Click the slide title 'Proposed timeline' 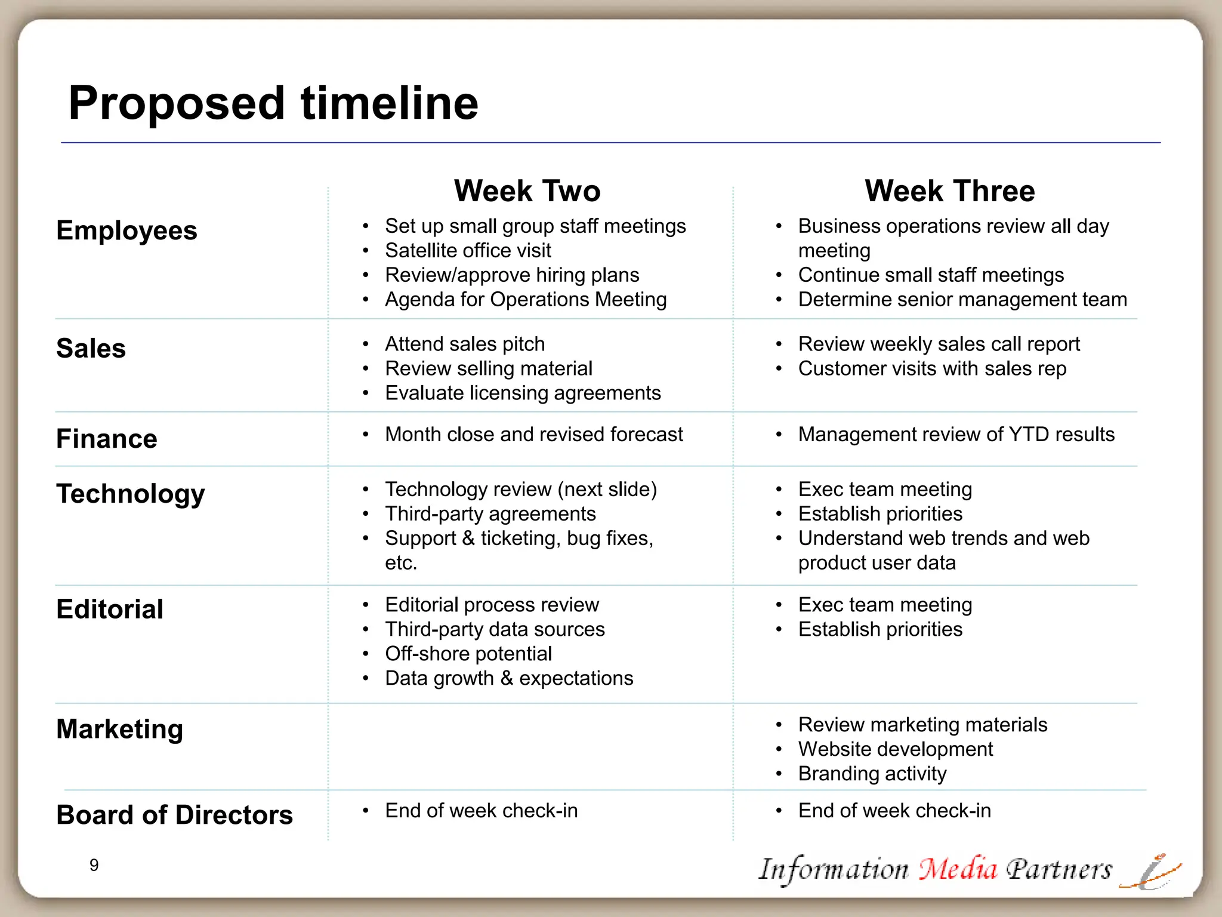coord(273,103)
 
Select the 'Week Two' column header coord(527,191)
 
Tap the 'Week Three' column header coord(949,191)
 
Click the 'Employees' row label coord(126,230)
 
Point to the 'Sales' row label coord(91,348)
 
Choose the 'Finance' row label coord(107,439)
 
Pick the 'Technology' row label coord(130,494)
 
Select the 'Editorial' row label coord(110,609)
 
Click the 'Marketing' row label coord(119,729)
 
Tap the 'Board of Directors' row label coord(174,815)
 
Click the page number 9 coord(94,865)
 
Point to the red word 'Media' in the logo coord(957,869)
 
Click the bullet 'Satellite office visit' coord(468,251)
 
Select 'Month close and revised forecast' coord(533,435)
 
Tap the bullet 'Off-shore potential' coord(468,654)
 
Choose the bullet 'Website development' coord(895,749)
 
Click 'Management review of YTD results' coord(956,435)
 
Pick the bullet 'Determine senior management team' coord(962,300)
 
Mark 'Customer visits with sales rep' coord(932,369)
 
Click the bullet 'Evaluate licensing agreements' coord(523,393)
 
